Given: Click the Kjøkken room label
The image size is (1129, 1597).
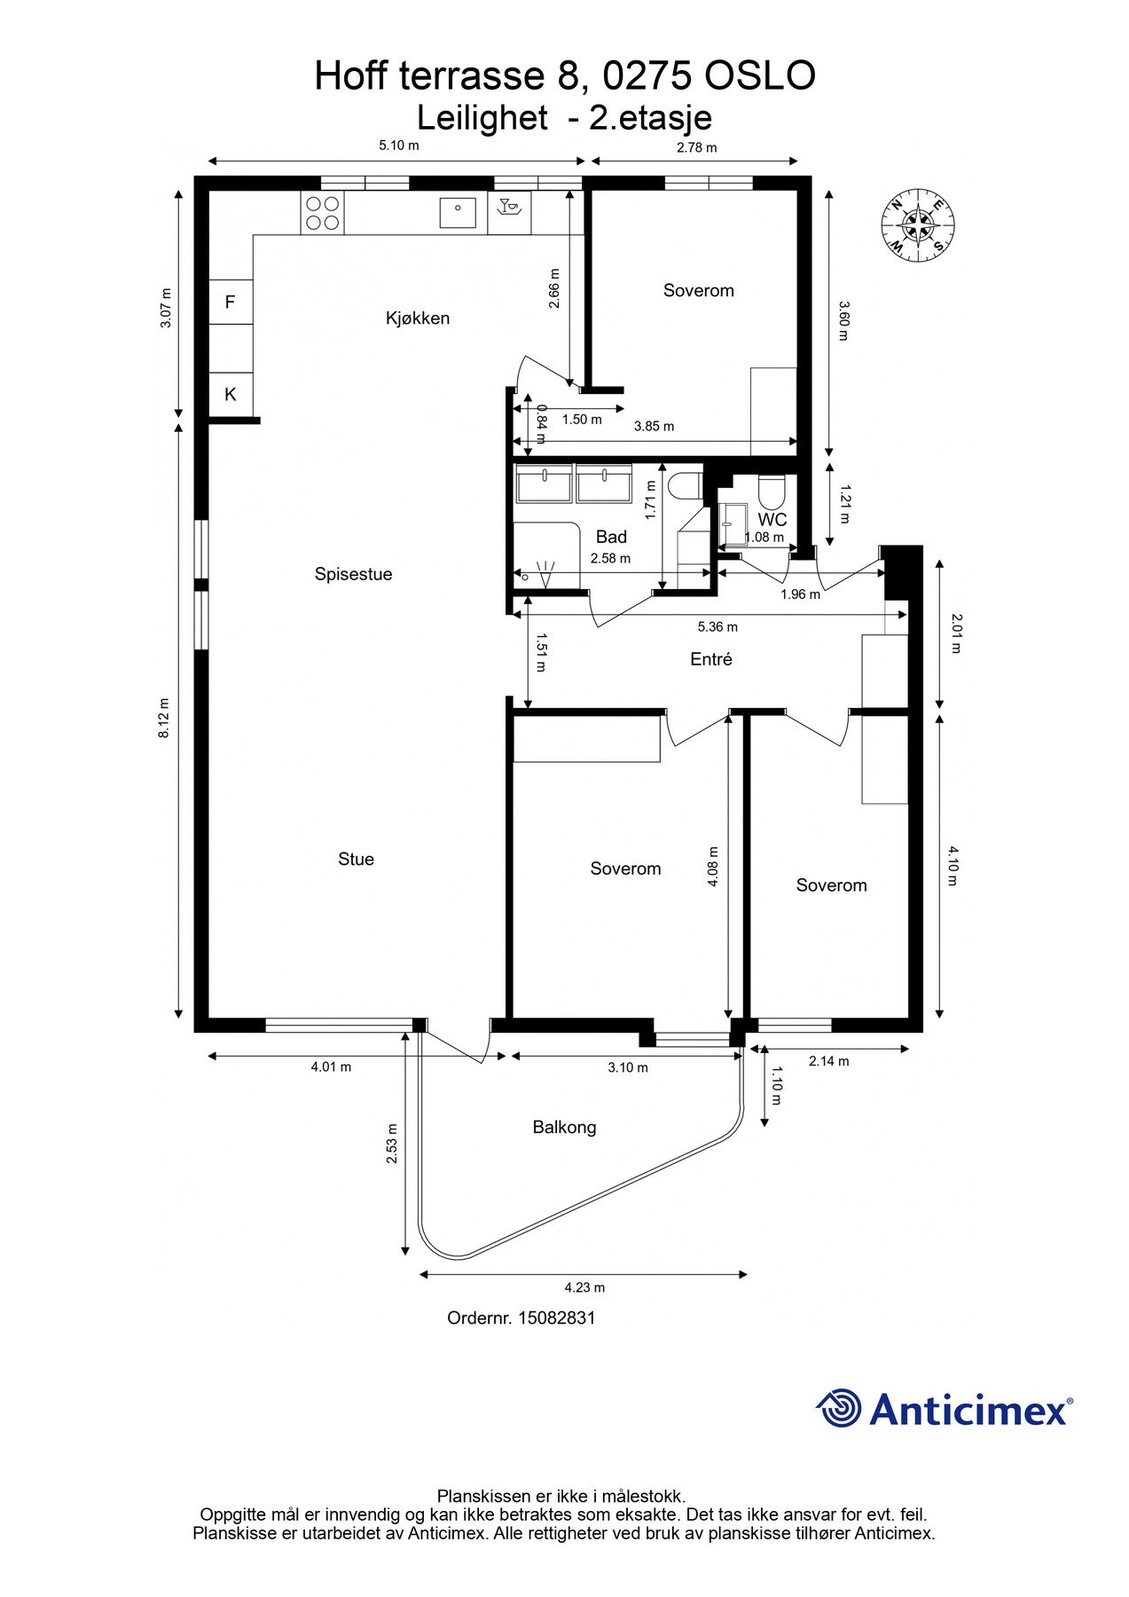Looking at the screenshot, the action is coord(418,319).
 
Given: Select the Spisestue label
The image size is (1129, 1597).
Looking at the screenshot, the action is coord(353,574).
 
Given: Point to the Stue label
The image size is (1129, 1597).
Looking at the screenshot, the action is coord(356,859).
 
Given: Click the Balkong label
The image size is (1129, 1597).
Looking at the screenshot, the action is coord(564,1128).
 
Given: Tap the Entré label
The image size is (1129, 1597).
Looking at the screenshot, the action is coord(711,659).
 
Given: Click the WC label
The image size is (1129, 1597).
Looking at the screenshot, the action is coord(772,521).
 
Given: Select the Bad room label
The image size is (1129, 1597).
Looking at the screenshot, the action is coord(611,537).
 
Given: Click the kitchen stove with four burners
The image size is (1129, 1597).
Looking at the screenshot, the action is coord(322,213).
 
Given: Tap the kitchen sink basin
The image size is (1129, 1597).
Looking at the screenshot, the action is coord(458,213).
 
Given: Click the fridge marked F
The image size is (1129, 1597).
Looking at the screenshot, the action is coord(231,303).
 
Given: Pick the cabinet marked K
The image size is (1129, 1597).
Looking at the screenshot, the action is coord(231,395).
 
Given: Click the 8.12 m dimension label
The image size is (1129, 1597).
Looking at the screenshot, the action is coord(164,719).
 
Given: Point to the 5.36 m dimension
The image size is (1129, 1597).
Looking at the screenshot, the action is coord(717,627).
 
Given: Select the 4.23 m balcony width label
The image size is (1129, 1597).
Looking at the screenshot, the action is coord(584,1287).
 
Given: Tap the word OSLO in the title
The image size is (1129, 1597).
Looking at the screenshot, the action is coord(760,76).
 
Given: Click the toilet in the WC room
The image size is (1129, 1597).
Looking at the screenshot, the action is coord(770,491).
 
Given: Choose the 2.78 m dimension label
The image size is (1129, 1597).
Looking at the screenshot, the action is coord(696,147).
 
